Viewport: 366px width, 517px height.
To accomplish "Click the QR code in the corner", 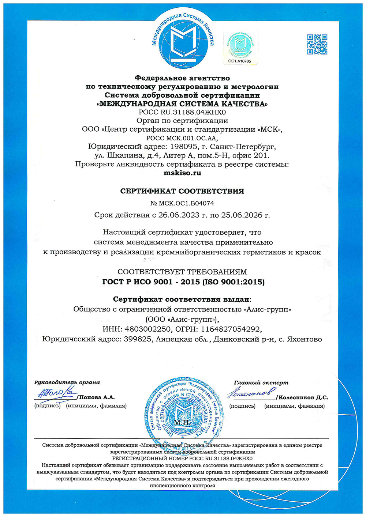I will coord(317,44).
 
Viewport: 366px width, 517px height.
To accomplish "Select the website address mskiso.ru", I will coord(182,173).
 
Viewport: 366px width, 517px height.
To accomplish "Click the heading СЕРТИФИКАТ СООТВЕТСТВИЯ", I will coord(182,191).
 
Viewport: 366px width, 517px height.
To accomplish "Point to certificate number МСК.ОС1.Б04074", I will coord(185,203).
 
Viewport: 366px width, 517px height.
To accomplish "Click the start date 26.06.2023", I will coord(179,215).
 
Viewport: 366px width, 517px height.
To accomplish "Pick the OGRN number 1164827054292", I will coord(231,329).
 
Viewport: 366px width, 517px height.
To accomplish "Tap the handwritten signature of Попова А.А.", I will coord(55,393).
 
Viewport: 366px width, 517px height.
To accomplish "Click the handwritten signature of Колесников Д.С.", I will coord(251,393).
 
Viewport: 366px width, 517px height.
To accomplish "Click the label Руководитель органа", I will coord(67,382).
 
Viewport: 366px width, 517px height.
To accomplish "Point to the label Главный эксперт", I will coord(261,382).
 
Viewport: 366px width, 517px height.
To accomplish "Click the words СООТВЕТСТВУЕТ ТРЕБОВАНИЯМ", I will coord(182,272).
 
